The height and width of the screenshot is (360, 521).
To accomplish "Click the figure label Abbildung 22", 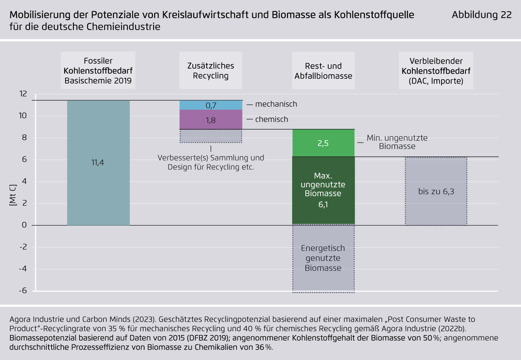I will pyautogui.click(x=481, y=15).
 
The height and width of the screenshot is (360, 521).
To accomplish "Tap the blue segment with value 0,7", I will pyautogui.click(x=211, y=105).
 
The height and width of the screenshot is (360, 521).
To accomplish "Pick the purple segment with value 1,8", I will pyautogui.click(x=211, y=120).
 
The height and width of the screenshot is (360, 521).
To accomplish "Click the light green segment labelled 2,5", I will pyautogui.click(x=323, y=143).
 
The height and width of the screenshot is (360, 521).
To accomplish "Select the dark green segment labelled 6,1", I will pyautogui.click(x=323, y=191).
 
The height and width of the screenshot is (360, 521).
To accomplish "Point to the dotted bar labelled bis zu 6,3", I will pyautogui.click(x=436, y=191).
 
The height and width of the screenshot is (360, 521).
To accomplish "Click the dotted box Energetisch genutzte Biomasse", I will pyautogui.click(x=323, y=258).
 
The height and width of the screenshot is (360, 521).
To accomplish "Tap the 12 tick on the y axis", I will pyautogui.click(x=23, y=94).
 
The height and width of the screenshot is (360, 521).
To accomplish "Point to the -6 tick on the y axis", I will pyautogui.click(x=22, y=291).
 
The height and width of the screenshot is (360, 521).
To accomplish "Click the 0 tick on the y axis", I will pyautogui.click(x=24, y=225).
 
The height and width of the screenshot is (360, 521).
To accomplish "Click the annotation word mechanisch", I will pyautogui.click(x=276, y=104).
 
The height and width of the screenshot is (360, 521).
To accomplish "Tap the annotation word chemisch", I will pyautogui.click(x=271, y=119).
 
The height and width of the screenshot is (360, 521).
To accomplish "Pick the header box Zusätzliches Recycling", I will pyautogui.click(x=211, y=71).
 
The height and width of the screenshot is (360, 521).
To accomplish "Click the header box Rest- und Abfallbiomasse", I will pyautogui.click(x=323, y=71).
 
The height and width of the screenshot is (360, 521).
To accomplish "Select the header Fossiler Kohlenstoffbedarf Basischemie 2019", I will pyautogui.click(x=98, y=71).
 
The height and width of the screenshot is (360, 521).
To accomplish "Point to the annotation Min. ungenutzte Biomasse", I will pyautogui.click(x=397, y=142).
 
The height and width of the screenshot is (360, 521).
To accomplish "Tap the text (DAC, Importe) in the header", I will pyautogui.click(x=436, y=80).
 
